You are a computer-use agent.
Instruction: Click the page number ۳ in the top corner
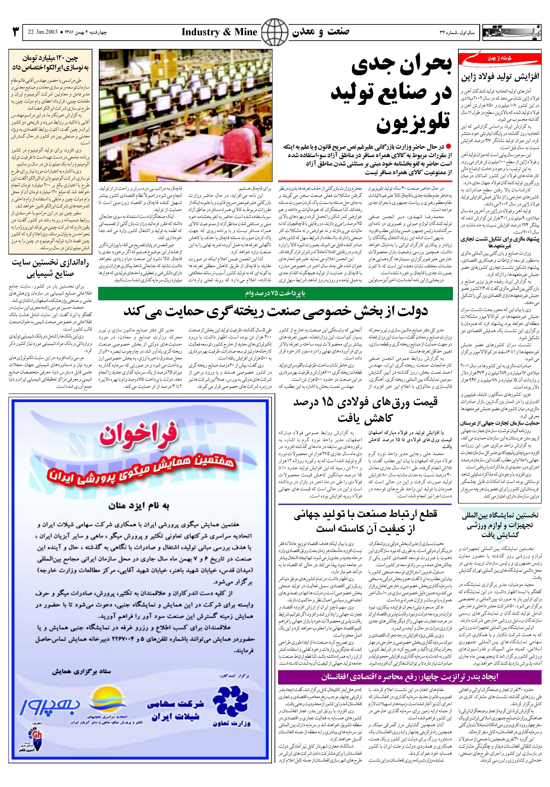pos(15,32)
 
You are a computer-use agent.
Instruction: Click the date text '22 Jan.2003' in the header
pos(42,33)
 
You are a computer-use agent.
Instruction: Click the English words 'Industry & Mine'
pos(219,32)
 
